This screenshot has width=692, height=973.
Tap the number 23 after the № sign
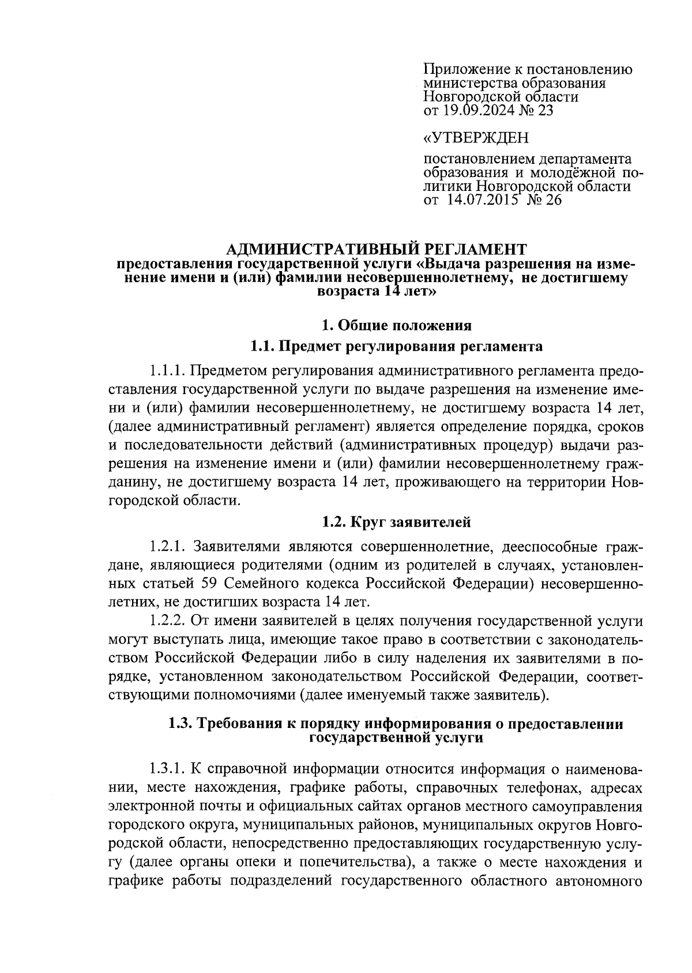click(x=544, y=110)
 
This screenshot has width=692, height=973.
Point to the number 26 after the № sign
click(x=552, y=200)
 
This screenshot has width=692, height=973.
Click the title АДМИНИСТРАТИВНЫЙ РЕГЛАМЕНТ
click(x=376, y=249)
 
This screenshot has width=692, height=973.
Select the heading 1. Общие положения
click(x=396, y=325)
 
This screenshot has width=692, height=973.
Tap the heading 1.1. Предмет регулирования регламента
click(x=396, y=347)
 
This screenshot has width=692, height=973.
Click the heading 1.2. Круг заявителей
click(x=396, y=522)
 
